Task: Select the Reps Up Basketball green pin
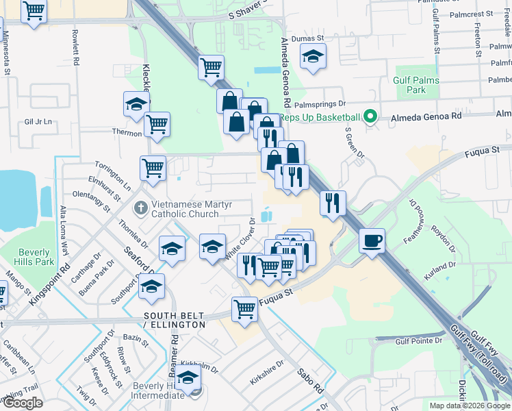(x=371, y=116)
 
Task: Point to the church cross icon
(x=141, y=206)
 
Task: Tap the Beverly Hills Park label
(x=35, y=256)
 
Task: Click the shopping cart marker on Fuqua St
(x=244, y=309)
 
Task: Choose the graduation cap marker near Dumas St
(x=313, y=57)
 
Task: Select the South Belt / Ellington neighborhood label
(x=174, y=320)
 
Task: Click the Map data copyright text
(x=468, y=406)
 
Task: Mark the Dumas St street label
(x=306, y=40)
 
